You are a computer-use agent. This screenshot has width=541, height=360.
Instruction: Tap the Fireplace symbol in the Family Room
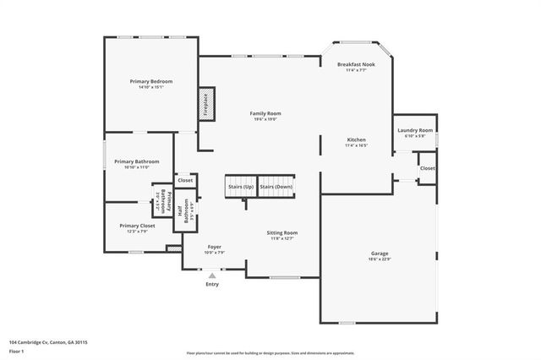click(205, 102)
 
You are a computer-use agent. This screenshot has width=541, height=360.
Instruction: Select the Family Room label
click(265, 113)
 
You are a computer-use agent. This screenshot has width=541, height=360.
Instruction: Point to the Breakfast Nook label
click(355, 64)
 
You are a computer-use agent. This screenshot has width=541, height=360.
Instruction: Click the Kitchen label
click(356, 139)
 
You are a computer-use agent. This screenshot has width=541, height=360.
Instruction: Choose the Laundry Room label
click(415, 130)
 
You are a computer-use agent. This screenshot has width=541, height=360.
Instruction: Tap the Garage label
click(380, 253)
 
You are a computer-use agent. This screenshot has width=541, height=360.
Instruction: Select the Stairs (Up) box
click(240, 186)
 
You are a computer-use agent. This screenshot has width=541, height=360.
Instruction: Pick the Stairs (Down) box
click(276, 186)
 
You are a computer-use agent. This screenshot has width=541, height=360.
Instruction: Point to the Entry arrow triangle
click(212, 275)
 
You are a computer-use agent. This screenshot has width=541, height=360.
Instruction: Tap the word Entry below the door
click(212, 284)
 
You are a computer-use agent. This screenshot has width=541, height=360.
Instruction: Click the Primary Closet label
click(136, 226)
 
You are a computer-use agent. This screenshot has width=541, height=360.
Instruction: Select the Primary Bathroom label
click(137, 161)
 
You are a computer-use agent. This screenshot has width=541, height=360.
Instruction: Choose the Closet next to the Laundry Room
click(428, 168)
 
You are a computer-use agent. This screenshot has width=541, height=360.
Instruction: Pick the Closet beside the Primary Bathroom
click(185, 180)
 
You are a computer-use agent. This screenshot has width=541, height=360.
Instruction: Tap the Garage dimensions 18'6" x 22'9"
click(380, 259)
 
